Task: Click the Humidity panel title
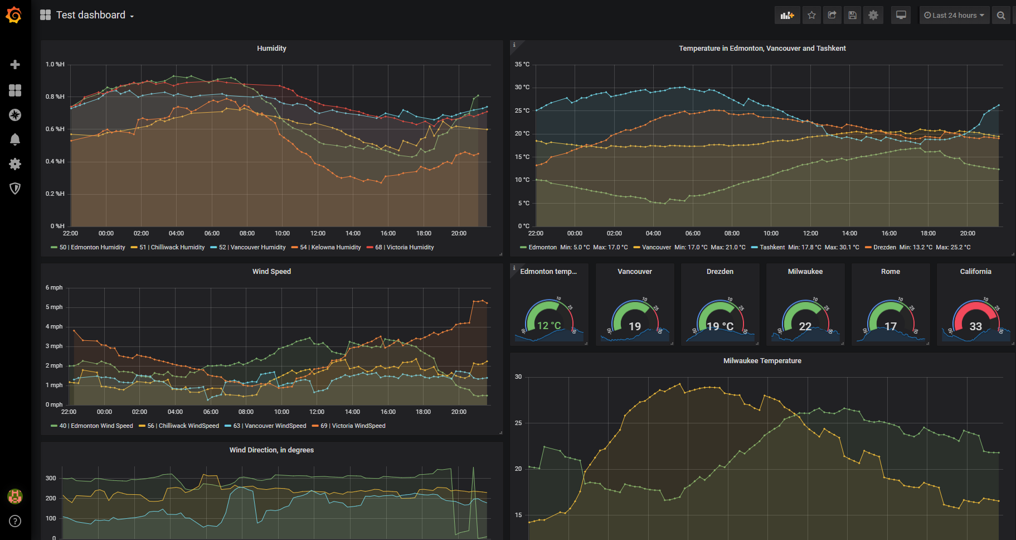point(271,49)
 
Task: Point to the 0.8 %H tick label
point(55,97)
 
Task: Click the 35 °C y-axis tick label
point(522,64)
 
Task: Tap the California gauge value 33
point(975,326)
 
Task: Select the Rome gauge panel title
point(890,272)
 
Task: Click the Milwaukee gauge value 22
point(805,326)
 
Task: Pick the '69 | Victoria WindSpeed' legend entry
point(353,426)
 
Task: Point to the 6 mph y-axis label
point(54,287)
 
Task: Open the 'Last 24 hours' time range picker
point(954,15)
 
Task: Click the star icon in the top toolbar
point(811,15)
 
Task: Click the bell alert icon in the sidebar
point(15,139)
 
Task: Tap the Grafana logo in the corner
point(14,15)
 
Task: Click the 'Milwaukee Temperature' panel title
point(762,361)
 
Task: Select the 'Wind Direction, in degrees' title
point(271,450)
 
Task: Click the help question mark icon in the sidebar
point(15,521)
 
